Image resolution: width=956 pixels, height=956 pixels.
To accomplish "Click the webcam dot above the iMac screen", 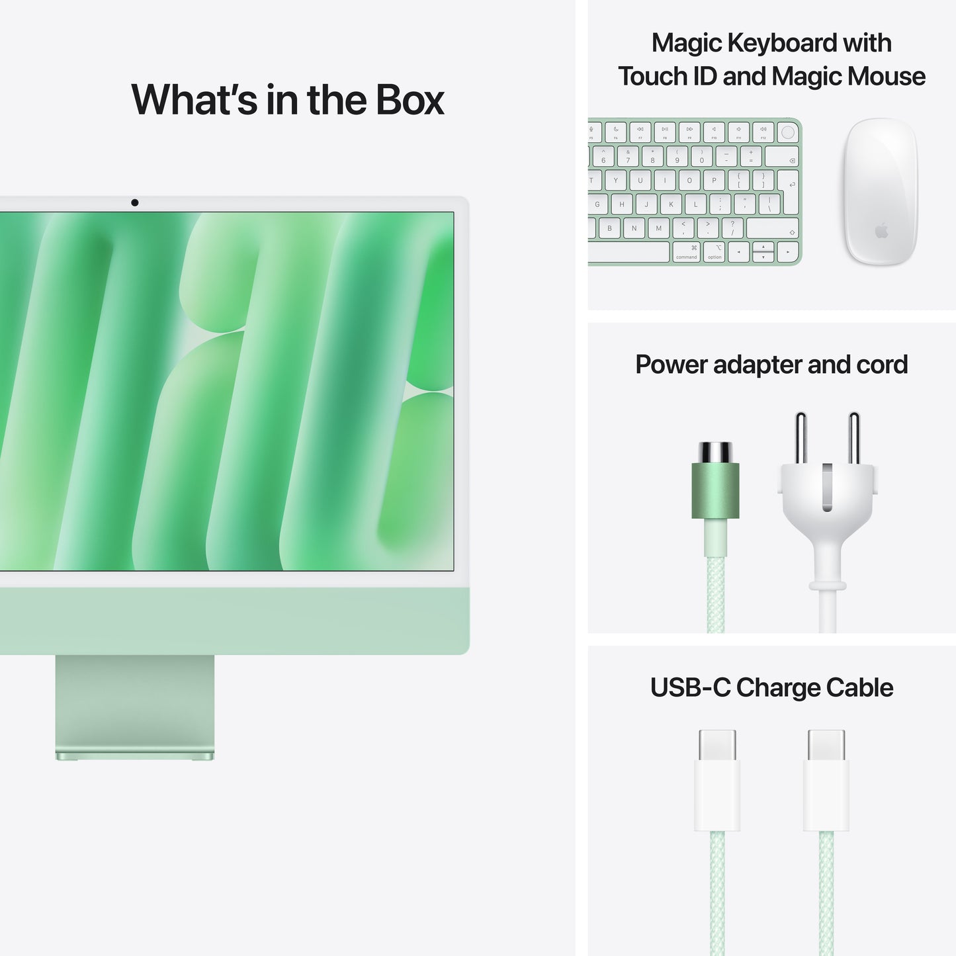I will pos(135,202).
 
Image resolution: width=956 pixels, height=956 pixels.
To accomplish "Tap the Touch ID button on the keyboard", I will pos(787,132).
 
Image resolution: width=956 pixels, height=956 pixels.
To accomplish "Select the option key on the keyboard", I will pos(715,252).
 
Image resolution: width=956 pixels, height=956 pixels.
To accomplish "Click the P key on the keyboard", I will pos(714,180).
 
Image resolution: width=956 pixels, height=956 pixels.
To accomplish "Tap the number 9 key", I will pos(677,157).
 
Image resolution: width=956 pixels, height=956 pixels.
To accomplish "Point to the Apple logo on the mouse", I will pos(881,231).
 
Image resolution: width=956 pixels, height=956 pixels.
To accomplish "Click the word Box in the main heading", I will pos(410,100).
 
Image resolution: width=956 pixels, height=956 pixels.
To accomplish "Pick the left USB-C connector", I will pos(717,781).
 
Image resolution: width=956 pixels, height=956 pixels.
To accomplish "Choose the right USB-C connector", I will pos(826,781).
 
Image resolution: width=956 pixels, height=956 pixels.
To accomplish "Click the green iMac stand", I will pos(135,705).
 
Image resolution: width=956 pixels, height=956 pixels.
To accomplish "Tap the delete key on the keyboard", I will pos(782,157).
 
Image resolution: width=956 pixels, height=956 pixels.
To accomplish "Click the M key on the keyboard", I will pos(658,228).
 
